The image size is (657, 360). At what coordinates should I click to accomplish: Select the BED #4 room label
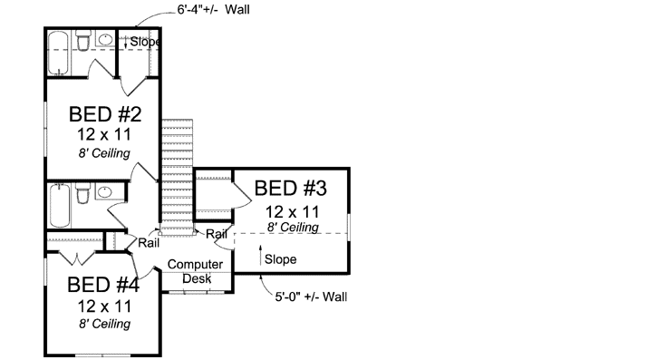coord(104,284)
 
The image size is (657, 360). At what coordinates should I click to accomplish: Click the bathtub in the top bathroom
coord(59,53)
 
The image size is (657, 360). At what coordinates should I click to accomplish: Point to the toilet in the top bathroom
coord(83,41)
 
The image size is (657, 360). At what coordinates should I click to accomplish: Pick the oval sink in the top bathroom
coord(104,42)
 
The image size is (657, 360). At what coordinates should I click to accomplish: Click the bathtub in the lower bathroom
coord(59,205)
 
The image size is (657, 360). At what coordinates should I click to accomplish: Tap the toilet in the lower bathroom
coord(82,194)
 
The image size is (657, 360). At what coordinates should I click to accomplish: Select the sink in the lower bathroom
coord(104,193)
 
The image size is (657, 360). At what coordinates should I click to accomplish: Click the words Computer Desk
coord(195,271)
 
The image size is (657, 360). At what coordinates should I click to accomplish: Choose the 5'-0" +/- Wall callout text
coord(311,297)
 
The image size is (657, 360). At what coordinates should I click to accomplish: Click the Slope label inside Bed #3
coord(280,259)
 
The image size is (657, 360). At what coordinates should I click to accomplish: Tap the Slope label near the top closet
coord(145,42)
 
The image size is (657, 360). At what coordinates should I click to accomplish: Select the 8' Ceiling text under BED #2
coord(104,152)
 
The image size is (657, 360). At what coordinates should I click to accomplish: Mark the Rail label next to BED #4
coord(150,243)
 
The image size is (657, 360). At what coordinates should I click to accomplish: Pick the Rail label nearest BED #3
coord(217,234)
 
